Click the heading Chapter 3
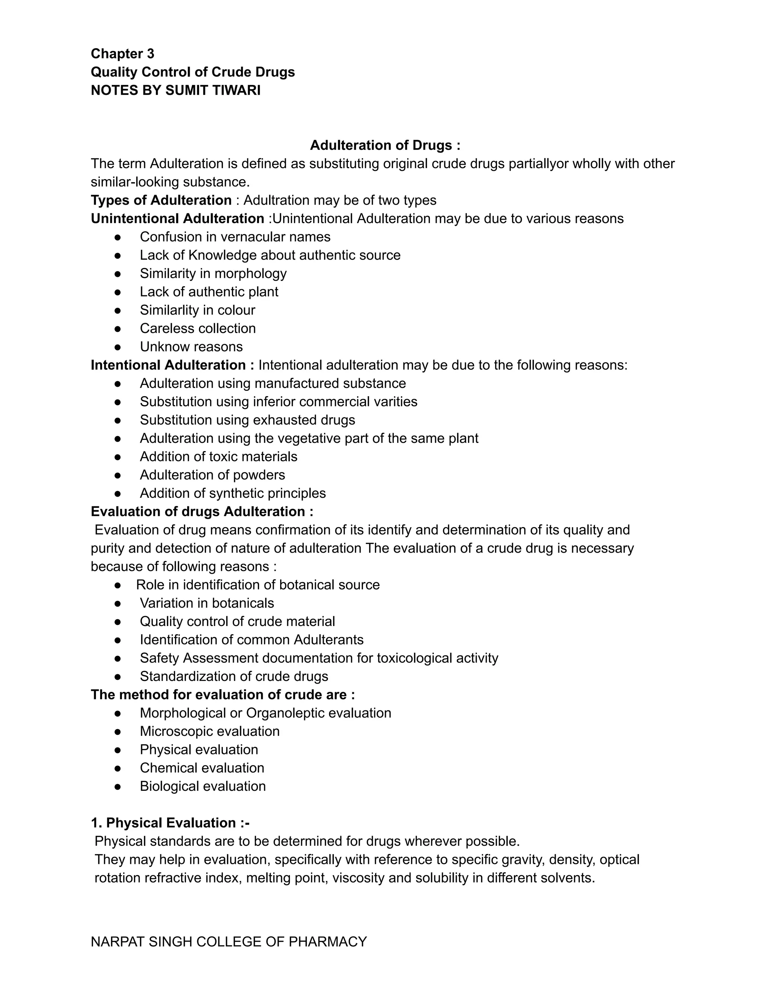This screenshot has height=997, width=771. [122, 54]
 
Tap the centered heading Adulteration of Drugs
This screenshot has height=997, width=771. [385, 145]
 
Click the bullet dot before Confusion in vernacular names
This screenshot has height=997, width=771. [117, 237]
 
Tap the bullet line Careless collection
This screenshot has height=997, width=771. [197, 328]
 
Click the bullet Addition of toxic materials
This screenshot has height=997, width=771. [218, 456]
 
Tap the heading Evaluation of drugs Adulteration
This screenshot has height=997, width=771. [202, 511]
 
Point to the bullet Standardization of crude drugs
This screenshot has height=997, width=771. [234, 676]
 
